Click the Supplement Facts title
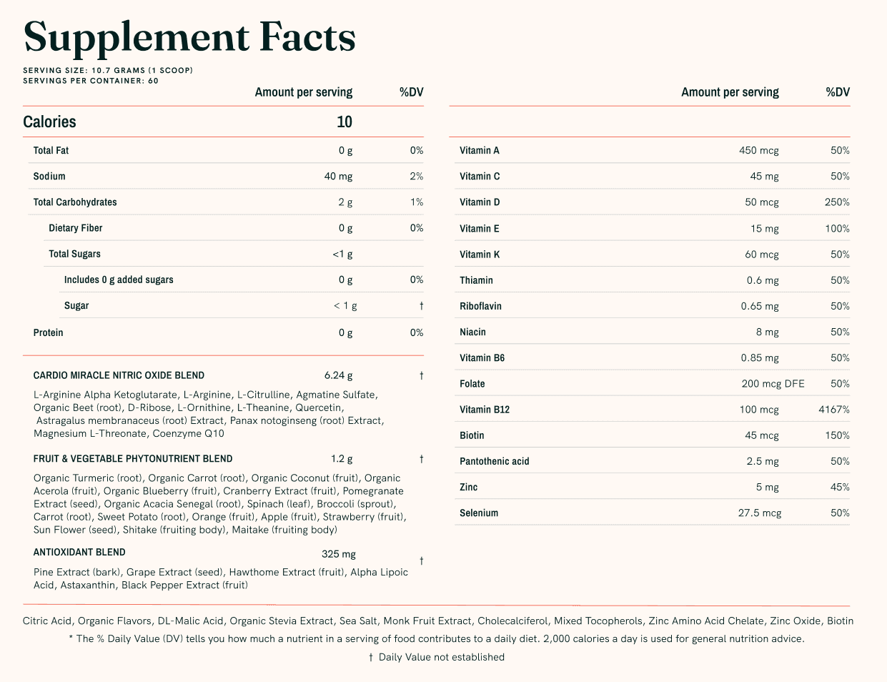coord(189,37)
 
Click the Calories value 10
coord(345,122)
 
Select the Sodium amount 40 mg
coord(338,177)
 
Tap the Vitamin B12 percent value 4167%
coord(834,410)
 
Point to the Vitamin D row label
coord(480,202)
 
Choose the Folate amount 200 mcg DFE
coord(773,384)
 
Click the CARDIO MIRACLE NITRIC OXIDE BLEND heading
coord(119,375)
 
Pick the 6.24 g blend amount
coord(338,375)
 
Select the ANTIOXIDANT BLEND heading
coord(79,553)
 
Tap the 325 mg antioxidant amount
coord(338,554)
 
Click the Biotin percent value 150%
coord(837,435)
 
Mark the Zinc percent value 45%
coord(840,488)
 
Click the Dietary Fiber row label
coord(76,228)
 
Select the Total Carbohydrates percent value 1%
coord(417,202)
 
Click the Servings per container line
coord(91,81)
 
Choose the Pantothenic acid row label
coord(495,462)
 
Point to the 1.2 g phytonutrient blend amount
coord(342,459)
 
